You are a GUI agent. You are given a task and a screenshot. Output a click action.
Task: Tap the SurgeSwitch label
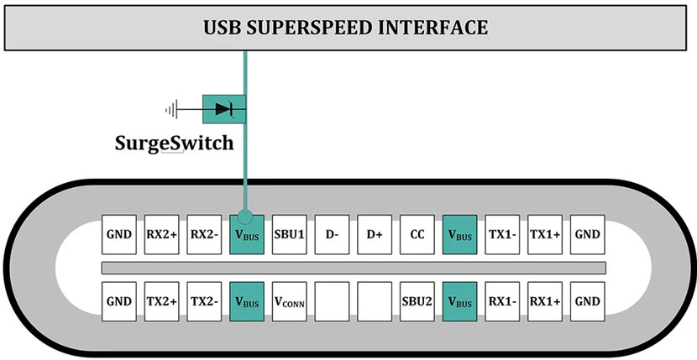(175, 143)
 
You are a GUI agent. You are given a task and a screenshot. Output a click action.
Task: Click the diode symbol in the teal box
(223, 109)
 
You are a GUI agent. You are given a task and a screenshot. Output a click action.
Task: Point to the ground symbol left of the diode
(171, 109)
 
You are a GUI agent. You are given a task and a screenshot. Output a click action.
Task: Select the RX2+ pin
(162, 234)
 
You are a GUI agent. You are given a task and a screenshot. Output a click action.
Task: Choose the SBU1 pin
(290, 234)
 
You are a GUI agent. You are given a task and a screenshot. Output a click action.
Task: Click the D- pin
(332, 234)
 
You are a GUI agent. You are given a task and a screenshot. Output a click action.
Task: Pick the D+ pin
(375, 234)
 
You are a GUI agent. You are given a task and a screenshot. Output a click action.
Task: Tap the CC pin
(417, 234)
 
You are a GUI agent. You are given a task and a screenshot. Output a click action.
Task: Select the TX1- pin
(502, 234)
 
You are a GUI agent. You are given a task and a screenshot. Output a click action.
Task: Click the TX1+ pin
(545, 234)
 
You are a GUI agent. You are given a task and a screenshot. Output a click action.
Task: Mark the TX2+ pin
(162, 301)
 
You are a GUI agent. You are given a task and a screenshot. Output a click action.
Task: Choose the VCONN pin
(290, 301)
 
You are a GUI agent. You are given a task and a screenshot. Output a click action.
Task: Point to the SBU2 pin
(417, 301)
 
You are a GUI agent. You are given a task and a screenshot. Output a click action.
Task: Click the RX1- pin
(502, 301)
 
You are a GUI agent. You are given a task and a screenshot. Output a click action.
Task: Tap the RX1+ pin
(545, 301)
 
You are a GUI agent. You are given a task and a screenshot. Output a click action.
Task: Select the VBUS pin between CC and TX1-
(459, 234)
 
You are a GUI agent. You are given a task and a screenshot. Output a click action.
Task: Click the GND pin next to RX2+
(119, 234)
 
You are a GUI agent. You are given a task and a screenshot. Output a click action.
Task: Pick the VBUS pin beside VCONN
(247, 301)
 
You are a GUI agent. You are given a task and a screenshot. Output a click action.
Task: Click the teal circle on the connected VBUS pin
(245, 217)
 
